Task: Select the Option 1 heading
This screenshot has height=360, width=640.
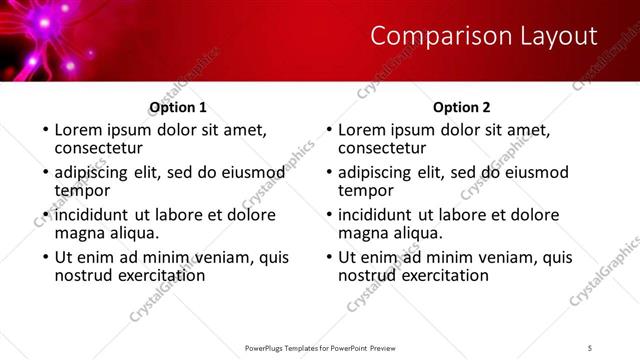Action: coord(178,108)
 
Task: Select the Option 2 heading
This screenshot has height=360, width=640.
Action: coord(462,108)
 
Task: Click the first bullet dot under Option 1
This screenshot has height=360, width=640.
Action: coord(45,130)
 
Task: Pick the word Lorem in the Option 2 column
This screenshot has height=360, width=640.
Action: coord(362,130)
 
